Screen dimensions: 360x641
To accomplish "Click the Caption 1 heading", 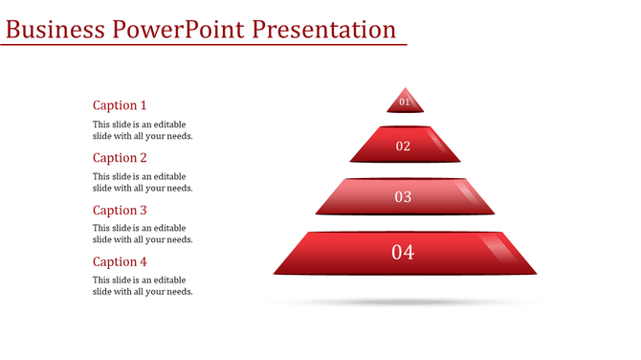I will [120, 105].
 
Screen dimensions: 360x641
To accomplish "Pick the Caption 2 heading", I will [120, 158].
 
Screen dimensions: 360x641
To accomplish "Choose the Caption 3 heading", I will [120, 210].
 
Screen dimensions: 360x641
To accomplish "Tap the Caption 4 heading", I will [120, 261].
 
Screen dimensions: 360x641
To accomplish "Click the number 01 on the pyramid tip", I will [404, 101].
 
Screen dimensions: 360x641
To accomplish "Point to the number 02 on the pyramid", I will [403, 146].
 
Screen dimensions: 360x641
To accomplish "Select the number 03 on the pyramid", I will [403, 197].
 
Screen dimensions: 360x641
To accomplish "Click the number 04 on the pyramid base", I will [403, 253].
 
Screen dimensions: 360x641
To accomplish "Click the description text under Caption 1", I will [143, 130].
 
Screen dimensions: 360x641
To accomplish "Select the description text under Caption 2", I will [143, 182].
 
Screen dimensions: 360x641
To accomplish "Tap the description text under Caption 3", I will [143, 234].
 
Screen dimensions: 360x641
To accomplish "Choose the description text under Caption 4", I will [143, 285].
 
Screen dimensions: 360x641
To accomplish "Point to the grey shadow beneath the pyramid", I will [404, 303].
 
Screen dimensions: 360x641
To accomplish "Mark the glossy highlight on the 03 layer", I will [469, 192].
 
